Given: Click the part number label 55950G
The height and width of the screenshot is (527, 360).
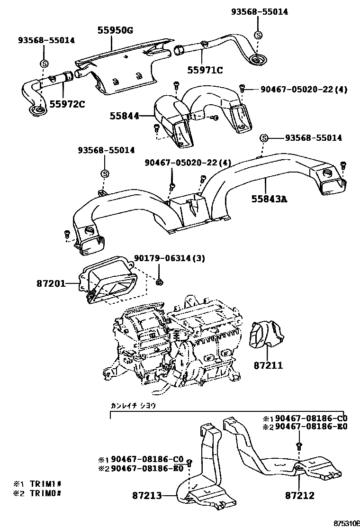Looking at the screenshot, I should coord(115,30).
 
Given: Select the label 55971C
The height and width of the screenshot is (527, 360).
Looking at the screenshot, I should coord(205,71).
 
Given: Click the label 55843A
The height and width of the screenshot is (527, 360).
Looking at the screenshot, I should coord(269,200).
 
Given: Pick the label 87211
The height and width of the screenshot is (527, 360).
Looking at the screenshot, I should coord(268,366).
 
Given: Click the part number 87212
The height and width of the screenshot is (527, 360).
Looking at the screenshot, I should coord(300,496).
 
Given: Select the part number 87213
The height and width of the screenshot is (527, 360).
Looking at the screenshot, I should coord(147,496).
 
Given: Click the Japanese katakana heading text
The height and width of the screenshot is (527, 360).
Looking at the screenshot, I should coord(133,406).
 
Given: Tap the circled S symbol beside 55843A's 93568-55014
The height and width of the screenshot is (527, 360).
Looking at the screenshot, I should coord(264,138).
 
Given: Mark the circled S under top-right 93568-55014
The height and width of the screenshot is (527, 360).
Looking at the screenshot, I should coord(258,35).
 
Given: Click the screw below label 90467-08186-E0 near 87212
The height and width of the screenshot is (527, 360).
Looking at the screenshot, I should coord(299,445).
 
